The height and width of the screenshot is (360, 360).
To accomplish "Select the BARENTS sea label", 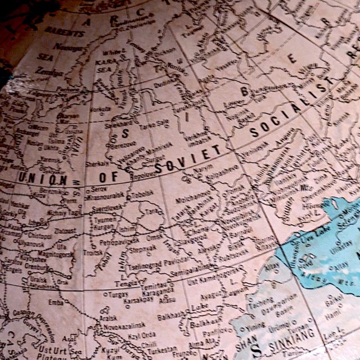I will (x=64, y=32).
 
